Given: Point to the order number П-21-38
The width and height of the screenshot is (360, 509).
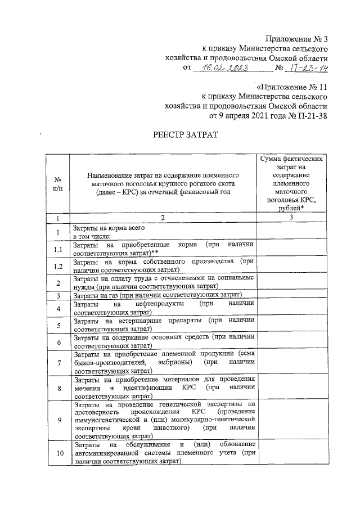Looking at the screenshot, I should click(x=309, y=116).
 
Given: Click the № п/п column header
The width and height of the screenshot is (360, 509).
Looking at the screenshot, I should click(x=58, y=183).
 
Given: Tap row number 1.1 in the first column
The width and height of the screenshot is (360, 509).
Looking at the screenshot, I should click(x=58, y=249).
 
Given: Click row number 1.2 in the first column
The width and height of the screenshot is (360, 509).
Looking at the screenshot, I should click(x=58, y=265).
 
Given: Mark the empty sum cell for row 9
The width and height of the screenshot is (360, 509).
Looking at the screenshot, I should click(x=291, y=420).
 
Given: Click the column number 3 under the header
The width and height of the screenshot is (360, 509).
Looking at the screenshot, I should click(x=291, y=217).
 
